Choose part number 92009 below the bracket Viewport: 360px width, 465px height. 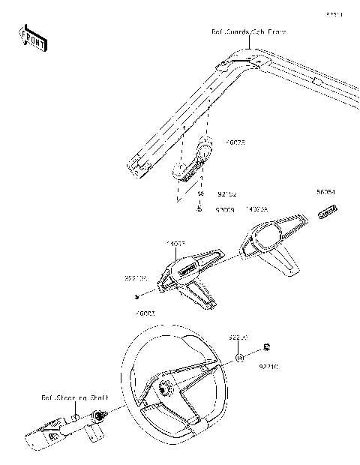pos(226,211)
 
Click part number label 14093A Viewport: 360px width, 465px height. pos(257,211)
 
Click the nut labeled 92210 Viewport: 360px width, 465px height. pos(268,347)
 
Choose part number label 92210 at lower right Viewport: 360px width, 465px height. pos(268,367)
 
